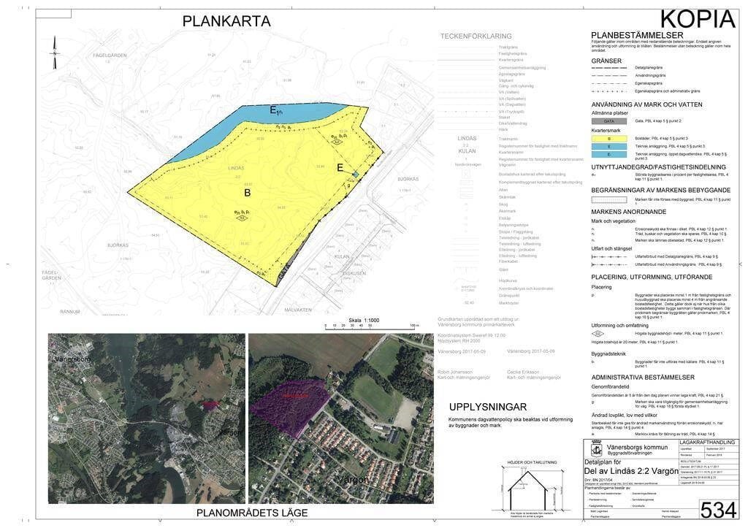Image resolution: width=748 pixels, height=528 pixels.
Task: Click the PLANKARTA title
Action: click(x=226, y=22)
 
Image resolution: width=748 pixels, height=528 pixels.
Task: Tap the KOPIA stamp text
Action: click(x=697, y=19)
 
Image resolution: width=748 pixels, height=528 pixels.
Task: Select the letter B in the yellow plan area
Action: click(x=247, y=193)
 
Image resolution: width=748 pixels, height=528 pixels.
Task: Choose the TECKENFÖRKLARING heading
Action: click(x=476, y=37)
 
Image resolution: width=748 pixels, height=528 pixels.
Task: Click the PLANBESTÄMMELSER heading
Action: click(x=636, y=35)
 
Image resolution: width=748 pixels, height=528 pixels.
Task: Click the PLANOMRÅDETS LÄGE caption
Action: click(x=252, y=513)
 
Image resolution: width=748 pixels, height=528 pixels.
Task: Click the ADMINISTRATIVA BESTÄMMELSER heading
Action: click(x=643, y=378)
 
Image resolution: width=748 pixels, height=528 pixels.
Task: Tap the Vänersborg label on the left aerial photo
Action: click(x=77, y=361)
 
